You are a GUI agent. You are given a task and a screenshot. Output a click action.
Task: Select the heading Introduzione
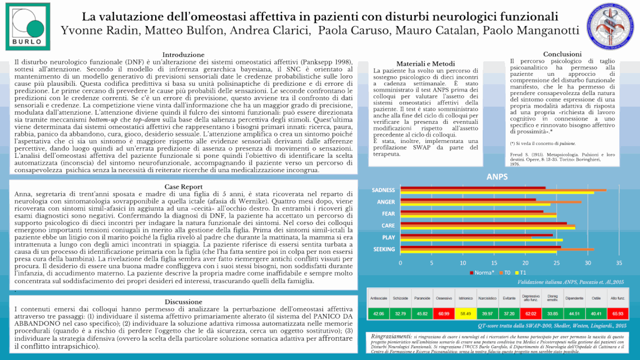183,54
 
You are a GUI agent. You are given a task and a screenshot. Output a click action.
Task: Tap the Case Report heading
183,187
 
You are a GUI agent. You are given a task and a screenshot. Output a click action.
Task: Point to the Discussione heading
183,301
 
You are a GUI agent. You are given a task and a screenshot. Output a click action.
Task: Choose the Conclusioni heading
562,54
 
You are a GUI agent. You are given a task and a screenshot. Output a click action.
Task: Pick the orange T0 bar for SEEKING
497,249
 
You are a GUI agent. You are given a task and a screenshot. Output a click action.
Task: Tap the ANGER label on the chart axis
386,202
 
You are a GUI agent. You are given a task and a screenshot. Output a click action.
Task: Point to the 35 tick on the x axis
619,263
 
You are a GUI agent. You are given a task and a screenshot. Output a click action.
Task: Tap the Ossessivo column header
444,298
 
